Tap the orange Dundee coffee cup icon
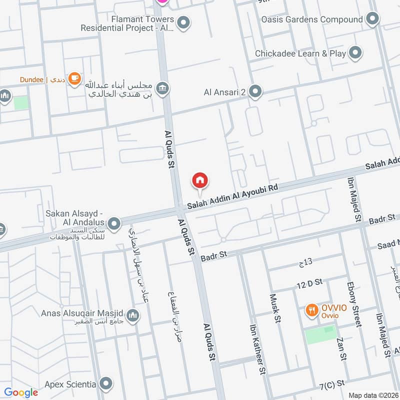pos(74,78)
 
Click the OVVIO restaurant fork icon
pos(312,310)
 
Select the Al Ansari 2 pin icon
pos(255,91)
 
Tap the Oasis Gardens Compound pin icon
pos(372,19)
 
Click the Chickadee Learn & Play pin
pos(355,53)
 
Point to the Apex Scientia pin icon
pos(105,384)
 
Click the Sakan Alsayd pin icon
pos(114,223)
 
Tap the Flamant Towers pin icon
pos(184,22)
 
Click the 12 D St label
pos(308,284)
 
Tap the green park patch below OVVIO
pos(321,334)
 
